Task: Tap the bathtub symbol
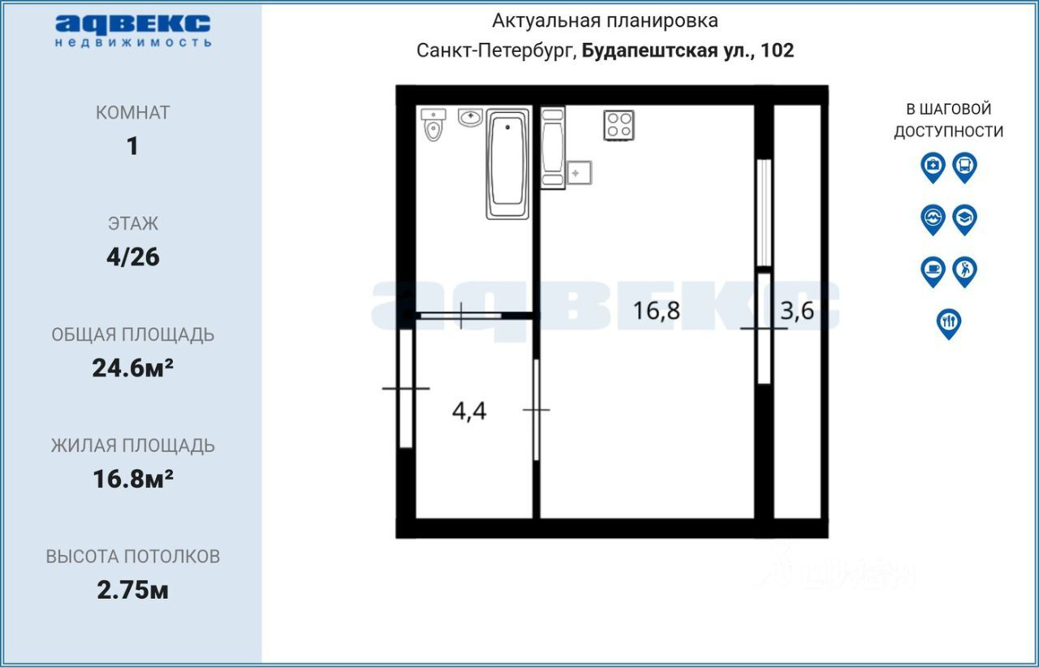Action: tap(507, 164)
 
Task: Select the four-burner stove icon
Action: tap(619, 125)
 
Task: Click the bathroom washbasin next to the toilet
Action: tap(470, 118)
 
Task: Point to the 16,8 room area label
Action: tap(657, 311)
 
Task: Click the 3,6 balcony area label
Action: tap(797, 311)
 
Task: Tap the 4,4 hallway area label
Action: tap(469, 411)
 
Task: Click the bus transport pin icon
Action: tap(965, 167)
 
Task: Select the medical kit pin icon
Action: tap(933, 167)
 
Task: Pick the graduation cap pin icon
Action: tap(965, 220)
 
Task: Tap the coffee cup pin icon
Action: tap(933, 272)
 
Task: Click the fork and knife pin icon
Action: tap(949, 324)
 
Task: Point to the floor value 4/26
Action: tap(133, 257)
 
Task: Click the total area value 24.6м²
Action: tap(132, 368)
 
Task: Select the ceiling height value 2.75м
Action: tap(132, 591)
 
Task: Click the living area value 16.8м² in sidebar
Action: tap(133, 479)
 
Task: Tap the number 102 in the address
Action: tap(778, 50)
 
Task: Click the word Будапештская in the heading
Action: tap(650, 50)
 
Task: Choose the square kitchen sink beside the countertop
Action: tap(579, 173)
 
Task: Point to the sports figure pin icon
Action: tap(965, 272)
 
